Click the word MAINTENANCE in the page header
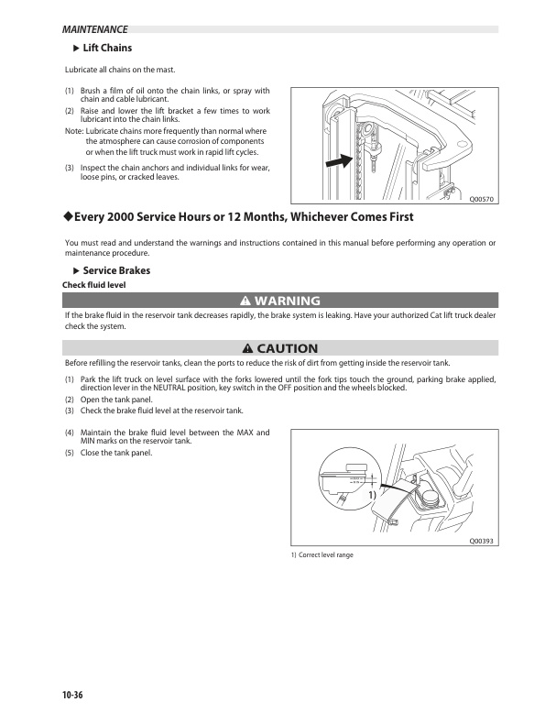[x=89, y=30]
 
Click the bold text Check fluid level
[x=93, y=285]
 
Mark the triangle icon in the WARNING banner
[x=245, y=301]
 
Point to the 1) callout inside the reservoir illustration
[x=374, y=495]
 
